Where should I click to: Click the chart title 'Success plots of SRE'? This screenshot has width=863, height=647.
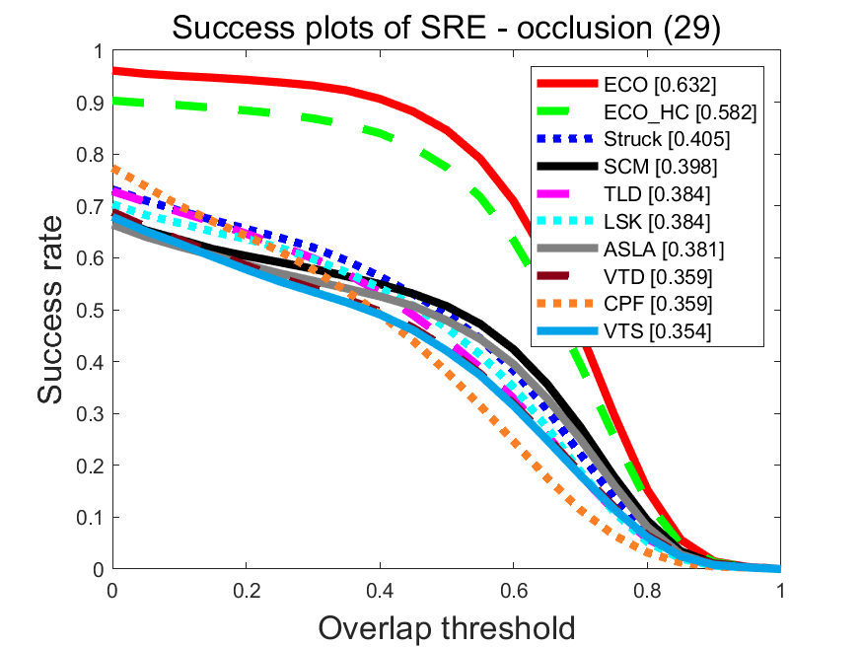coord(446,28)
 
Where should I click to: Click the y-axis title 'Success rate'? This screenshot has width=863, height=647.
coord(55,310)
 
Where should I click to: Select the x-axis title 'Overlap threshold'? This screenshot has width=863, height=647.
coord(446,625)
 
